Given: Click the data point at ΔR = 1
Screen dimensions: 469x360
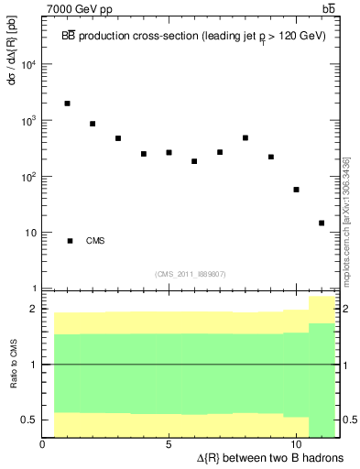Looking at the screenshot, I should (x=68, y=104).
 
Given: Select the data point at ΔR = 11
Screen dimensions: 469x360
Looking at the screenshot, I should (x=322, y=223).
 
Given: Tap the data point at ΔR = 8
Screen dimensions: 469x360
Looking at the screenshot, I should (x=245, y=138).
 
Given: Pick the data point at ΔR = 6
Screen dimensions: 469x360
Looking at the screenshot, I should (x=194, y=161).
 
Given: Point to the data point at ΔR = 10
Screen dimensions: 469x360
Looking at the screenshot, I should (x=296, y=190).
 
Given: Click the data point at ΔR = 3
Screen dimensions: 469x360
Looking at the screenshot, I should (x=118, y=138).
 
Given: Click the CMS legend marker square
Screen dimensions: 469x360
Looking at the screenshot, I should (x=71, y=241).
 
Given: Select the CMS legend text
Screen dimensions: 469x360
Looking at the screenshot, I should (x=95, y=241).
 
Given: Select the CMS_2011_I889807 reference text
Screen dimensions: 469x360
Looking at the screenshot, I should (x=191, y=274).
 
